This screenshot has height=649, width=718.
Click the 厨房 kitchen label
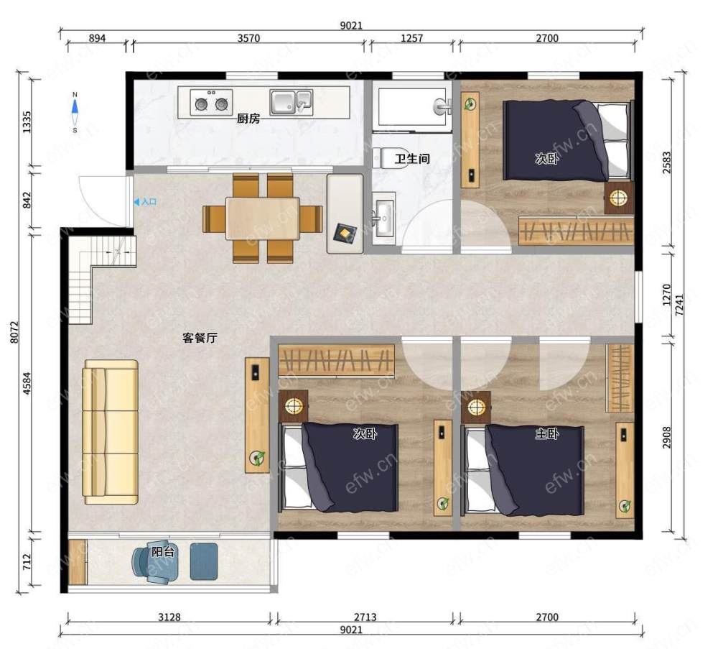coord(248,119)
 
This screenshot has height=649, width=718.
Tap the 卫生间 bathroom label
coord(412,159)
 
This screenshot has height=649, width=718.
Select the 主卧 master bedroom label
coord(547,433)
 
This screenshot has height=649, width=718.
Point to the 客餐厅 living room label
coord(200,338)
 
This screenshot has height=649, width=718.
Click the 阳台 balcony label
coord(163,551)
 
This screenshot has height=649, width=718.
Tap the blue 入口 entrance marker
coord(145,202)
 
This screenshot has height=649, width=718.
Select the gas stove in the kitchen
coord(211,103)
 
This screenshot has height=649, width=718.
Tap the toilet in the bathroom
coord(390,158)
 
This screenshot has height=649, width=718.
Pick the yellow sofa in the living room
coord(110,432)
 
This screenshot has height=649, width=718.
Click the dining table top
coord(262,218)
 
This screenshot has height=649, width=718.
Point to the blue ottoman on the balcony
coord(204,561)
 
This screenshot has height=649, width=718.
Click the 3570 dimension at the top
coord(248,38)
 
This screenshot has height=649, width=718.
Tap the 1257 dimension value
coord(411,38)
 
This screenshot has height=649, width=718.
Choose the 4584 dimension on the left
coord(27,384)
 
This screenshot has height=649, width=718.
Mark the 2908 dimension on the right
coord(666,437)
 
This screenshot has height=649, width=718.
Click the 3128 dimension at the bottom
coord(169,617)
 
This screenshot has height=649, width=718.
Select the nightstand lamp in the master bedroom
coord(476,407)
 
